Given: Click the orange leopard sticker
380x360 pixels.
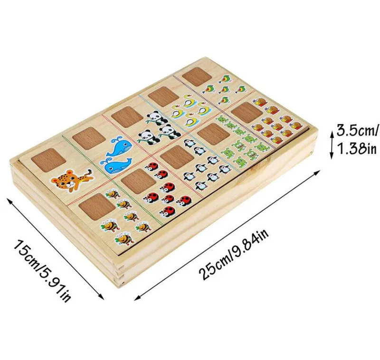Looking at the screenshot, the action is (72, 179).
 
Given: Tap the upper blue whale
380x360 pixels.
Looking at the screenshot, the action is (119, 147).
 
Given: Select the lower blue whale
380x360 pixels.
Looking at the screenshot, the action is (117, 165).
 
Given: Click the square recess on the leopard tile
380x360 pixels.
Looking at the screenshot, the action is (48, 160).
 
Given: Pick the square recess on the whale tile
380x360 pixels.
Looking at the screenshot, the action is (89, 137).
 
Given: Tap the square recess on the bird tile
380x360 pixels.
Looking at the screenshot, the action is (197, 76).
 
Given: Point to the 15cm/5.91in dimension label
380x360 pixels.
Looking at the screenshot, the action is (42, 271).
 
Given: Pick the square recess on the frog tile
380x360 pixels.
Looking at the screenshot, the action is (214, 134).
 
